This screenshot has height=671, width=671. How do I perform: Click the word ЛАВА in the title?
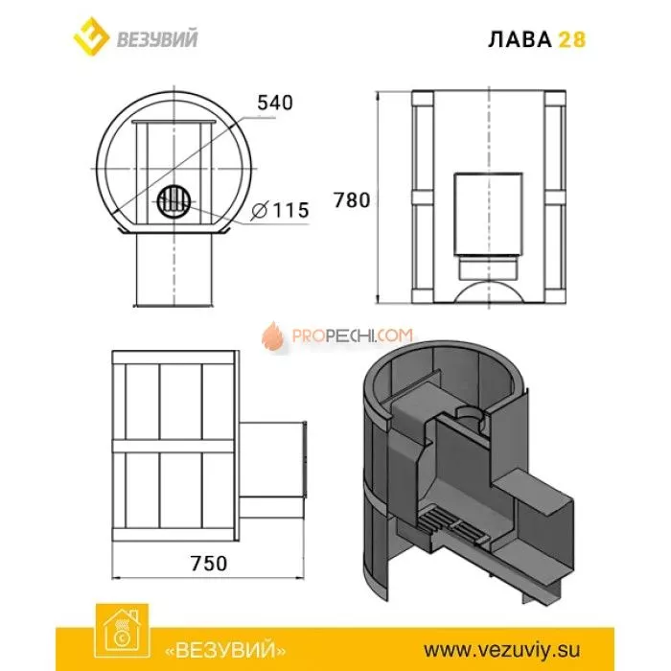[x=524, y=39]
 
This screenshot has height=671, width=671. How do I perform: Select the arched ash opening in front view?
[x=488, y=287]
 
